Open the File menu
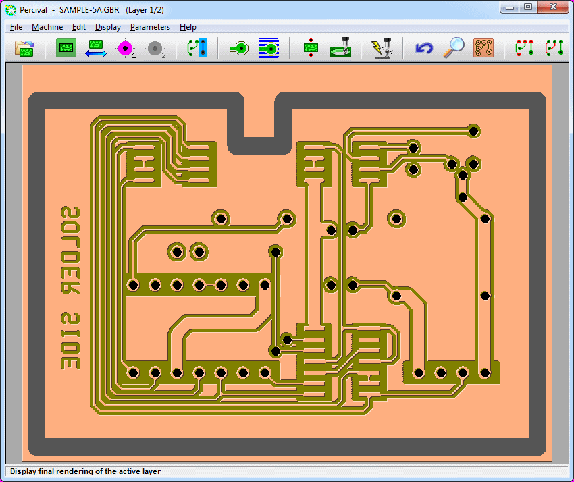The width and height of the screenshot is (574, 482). (x=16, y=27)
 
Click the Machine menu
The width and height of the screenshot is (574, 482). (x=47, y=27)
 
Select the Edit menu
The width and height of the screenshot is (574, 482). (x=79, y=27)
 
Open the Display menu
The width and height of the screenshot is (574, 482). (x=108, y=27)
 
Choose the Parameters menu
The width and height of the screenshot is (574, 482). (x=150, y=27)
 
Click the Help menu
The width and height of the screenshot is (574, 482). (x=188, y=27)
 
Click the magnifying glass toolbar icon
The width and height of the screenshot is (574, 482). (x=454, y=47)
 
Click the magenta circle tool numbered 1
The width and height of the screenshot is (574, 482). (x=126, y=48)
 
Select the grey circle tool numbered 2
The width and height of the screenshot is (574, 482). (x=155, y=48)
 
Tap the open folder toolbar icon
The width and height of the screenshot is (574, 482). (x=24, y=48)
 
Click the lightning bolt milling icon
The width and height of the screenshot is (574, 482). (x=382, y=48)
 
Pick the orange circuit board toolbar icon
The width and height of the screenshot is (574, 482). (x=484, y=48)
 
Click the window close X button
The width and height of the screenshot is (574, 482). (x=553, y=7)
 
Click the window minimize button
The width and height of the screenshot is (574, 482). (x=510, y=7)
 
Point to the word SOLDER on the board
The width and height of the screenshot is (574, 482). (x=70, y=250)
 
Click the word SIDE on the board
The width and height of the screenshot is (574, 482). (x=70, y=341)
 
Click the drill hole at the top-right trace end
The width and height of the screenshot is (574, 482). (x=473, y=131)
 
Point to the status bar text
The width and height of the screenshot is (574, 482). (x=85, y=471)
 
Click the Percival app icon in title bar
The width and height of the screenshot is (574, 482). (x=11, y=10)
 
